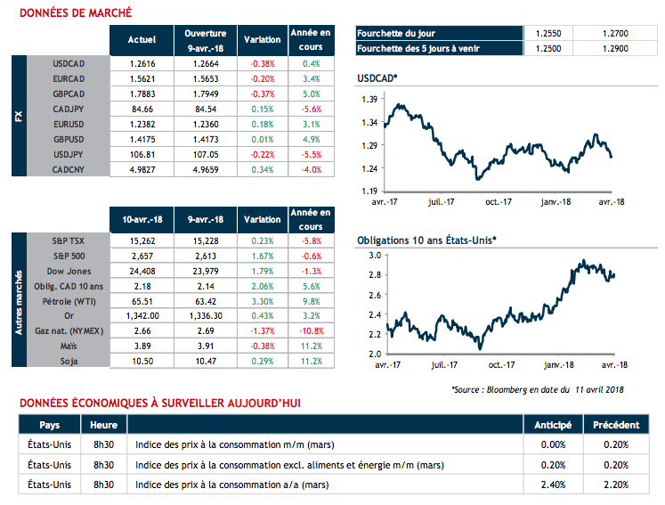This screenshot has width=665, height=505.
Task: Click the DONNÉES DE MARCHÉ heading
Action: tap(76, 12)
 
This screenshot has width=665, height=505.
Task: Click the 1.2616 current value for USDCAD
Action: tap(142, 64)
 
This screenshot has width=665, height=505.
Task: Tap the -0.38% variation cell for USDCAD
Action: tap(262, 64)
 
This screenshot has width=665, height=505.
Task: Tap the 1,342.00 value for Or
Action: tap(142, 316)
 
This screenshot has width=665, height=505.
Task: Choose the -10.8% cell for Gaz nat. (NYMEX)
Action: tap(311, 331)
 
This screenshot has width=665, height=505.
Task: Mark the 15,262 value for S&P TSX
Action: tap(142, 240)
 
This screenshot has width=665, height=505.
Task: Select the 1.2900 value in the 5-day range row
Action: tap(614, 48)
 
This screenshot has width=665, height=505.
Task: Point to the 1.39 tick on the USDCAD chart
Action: tap(366, 100)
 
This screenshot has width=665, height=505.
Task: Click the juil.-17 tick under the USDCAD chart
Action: tap(438, 202)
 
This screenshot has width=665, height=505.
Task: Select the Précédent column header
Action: tap(610, 424)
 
